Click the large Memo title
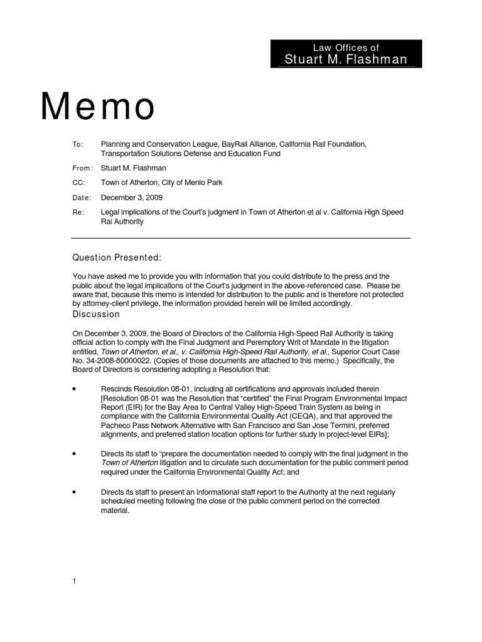(98, 107)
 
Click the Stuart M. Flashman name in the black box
(346, 59)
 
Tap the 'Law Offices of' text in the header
(346, 47)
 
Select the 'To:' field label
(78, 144)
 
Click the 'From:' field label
(83, 167)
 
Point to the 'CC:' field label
(78, 182)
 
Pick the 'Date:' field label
(82, 197)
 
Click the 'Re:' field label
(78, 213)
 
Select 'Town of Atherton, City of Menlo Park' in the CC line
(161, 182)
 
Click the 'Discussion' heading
(96, 314)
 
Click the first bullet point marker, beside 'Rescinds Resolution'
(75, 389)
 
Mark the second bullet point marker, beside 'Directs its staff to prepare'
(75, 453)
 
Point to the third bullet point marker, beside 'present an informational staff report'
(75, 492)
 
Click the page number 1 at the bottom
(74, 581)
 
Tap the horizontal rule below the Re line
(241, 238)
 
